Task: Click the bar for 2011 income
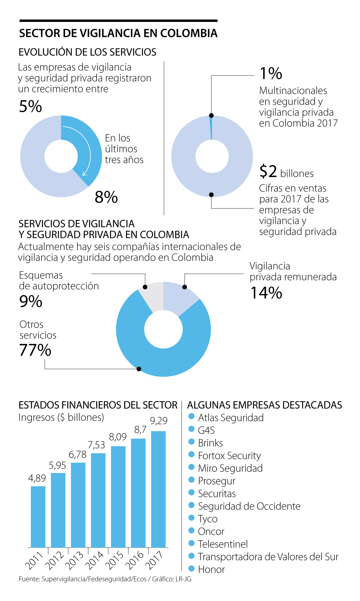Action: pyautogui.click(x=38, y=517)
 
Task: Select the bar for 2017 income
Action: pyautogui.click(x=158, y=489)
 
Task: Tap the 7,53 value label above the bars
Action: pyautogui.click(x=96, y=445)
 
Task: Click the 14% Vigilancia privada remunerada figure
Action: pyautogui.click(x=266, y=293)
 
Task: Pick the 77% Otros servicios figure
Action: pyautogui.click(x=35, y=350)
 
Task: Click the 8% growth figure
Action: pyautogui.click(x=106, y=197)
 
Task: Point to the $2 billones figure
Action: pyautogui.click(x=286, y=172)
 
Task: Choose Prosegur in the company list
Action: pyautogui.click(x=217, y=481)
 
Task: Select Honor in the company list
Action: pyautogui.click(x=211, y=569)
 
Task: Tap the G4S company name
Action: pyautogui.click(x=206, y=430)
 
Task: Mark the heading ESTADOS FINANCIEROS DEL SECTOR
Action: pyautogui.click(x=98, y=405)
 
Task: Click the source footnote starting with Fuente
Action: pyautogui.click(x=105, y=579)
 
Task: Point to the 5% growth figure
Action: pyautogui.click(x=30, y=107)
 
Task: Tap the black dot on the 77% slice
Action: pyautogui.click(x=139, y=369)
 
